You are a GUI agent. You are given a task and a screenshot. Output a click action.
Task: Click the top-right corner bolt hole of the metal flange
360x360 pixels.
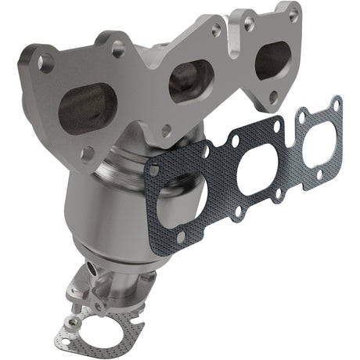pyautogui.click(x=293, y=15)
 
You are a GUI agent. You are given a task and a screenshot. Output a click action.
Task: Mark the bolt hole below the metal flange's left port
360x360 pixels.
pyautogui.click(x=85, y=153)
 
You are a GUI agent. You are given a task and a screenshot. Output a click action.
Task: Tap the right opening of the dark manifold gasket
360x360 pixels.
pyautogui.click(x=318, y=136)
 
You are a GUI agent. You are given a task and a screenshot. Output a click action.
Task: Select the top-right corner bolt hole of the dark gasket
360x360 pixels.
pyautogui.click(x=336, y=103)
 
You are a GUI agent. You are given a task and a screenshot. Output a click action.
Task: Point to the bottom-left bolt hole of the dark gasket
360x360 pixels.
pyautogui.click(x=181, y=235)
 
